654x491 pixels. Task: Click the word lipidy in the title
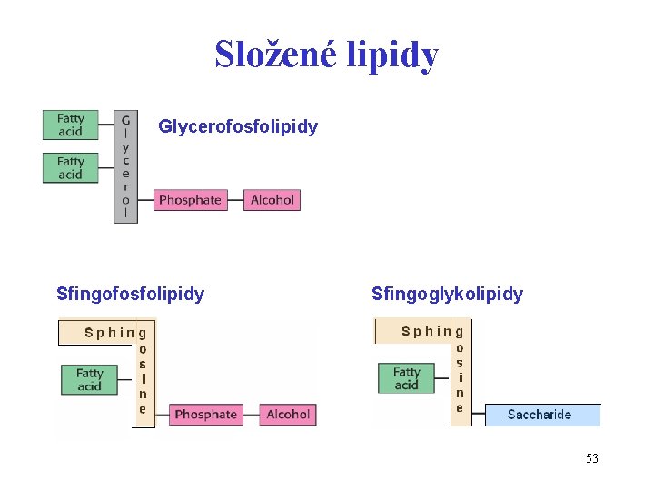point(396,55)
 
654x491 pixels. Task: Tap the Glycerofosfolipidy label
point(238,126)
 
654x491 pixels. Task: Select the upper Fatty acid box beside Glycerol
point(70,125)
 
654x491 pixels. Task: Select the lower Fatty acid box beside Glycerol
point(70,168)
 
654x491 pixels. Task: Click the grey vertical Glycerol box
point(125,167)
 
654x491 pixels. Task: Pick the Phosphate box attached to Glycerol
point(190,200)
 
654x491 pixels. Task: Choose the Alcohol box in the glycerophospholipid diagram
point(272,200)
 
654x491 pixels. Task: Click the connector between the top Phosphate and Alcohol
point(236,200)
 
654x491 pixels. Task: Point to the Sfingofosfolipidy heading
point(130,294)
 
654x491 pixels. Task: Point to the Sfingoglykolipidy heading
point(447,294)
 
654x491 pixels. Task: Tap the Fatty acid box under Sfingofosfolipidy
point(89,380)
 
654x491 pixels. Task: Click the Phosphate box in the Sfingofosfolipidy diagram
point(205,415)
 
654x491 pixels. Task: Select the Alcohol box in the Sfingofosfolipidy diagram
point(288,415)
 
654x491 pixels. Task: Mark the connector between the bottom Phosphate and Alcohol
point(251,415)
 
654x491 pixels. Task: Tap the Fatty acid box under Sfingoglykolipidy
point(406,378)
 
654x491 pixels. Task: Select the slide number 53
point(591,458)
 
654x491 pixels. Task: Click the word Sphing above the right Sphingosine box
point(426,331)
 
